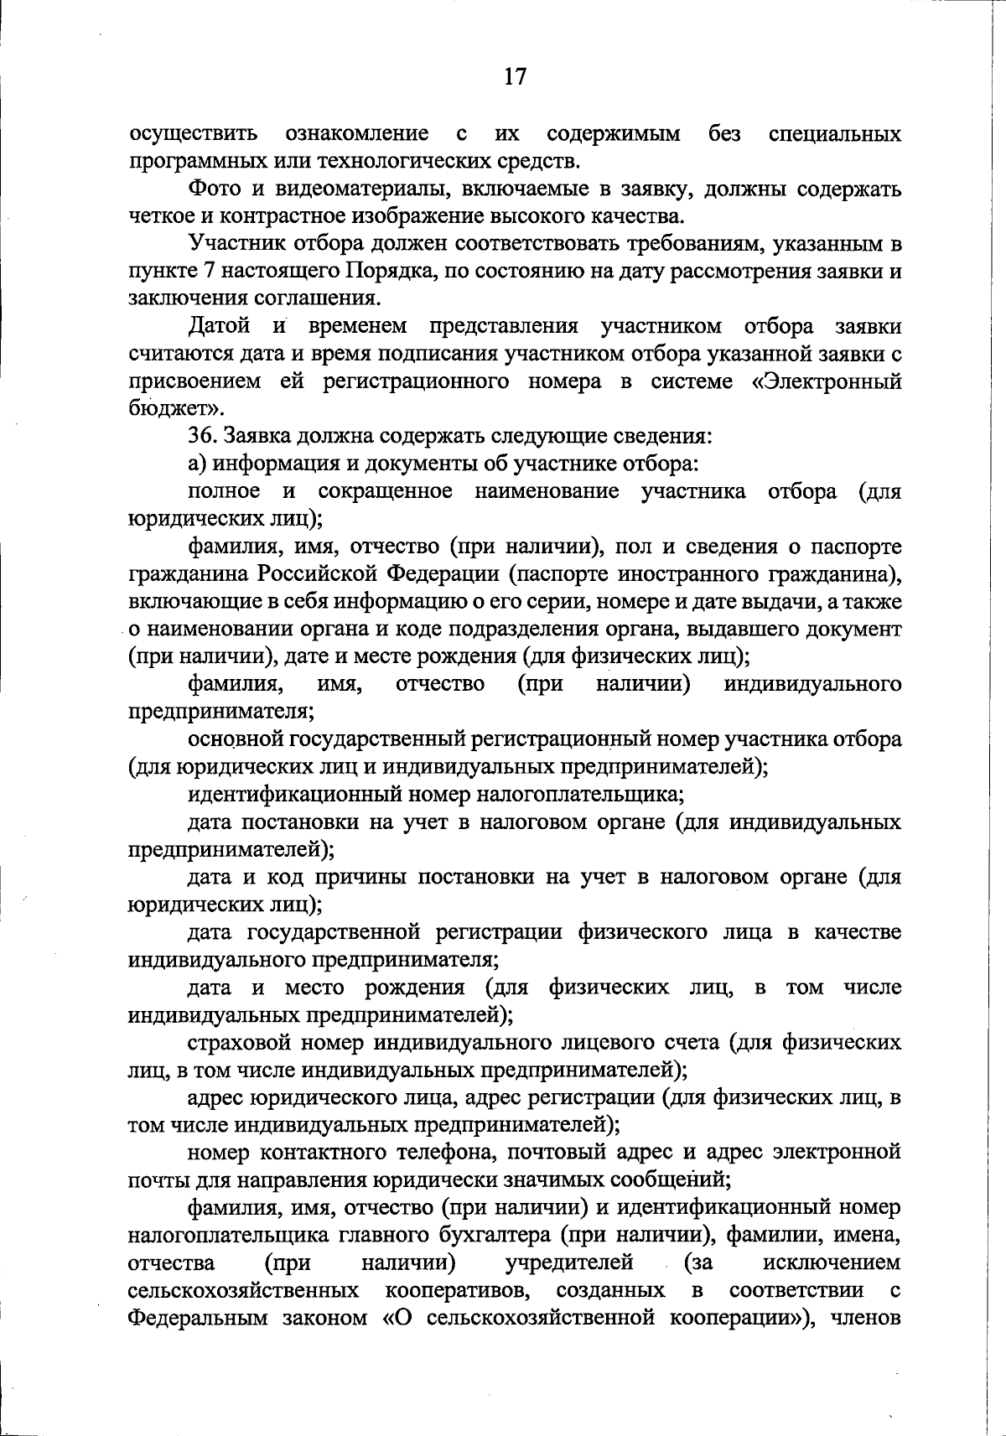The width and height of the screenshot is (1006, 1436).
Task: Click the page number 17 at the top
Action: click(x=515, y=77)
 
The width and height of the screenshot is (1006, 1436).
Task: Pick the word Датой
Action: click(x=219, y=326)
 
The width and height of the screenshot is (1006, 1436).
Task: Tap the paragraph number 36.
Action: click(x=201, y=436)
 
